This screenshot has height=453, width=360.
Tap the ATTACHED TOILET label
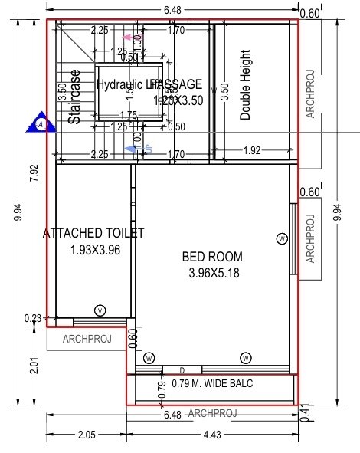pos(95,233)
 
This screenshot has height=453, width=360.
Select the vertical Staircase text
pos(74,98)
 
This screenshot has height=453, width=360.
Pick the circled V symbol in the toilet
pos(100,310)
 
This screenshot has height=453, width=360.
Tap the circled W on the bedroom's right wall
pos(282,239)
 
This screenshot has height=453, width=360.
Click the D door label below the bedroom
pos(182,371)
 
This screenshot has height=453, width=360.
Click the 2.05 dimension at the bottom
pos(86,435)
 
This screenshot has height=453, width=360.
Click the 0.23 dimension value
pos(33,319)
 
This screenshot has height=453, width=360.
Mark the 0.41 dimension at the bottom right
pos(306,413)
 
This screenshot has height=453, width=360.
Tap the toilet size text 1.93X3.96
pos(95,249)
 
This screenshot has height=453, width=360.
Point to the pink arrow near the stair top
pos(128,36)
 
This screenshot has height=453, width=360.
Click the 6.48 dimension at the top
pos(172,9)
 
